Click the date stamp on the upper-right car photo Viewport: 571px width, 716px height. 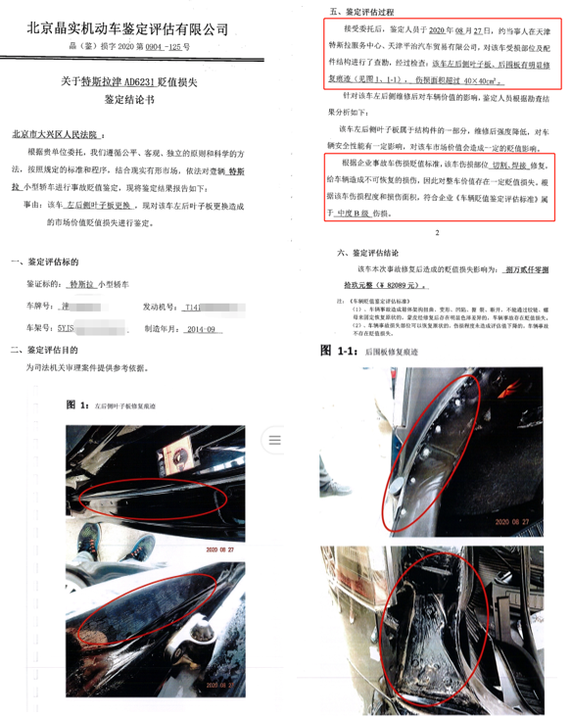pos(515,523)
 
